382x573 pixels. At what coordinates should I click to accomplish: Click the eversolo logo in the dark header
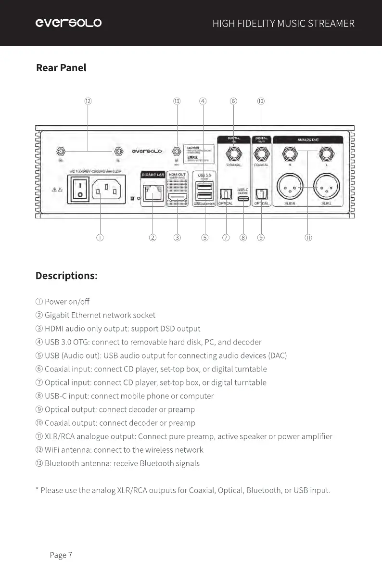[68, 23]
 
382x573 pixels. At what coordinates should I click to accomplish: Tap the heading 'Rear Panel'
[61, 68]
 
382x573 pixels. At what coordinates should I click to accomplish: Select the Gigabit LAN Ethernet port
[153, 194]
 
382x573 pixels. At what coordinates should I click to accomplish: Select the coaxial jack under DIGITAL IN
[234, 154]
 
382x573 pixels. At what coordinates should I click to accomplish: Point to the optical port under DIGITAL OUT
[261, 193]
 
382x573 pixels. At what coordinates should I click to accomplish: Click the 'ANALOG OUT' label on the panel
[307, 140]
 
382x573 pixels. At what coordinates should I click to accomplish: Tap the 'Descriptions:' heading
[66, 276]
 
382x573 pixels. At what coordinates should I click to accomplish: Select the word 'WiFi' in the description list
[52, 450]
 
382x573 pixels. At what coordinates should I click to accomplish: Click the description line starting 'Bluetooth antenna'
[122, 463]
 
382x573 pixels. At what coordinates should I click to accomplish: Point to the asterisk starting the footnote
[37, 490]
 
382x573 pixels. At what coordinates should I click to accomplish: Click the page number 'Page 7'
[61, 555]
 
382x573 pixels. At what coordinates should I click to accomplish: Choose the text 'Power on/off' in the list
[67, 302]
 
